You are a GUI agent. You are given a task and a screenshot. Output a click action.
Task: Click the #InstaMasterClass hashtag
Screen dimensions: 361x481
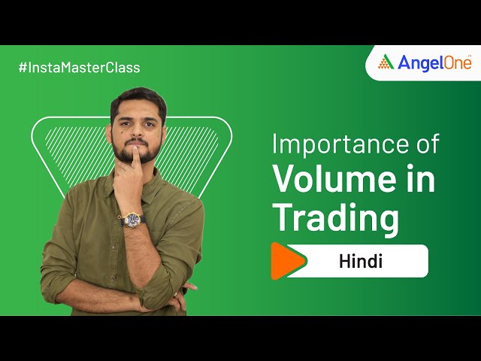click(x=79, y=68)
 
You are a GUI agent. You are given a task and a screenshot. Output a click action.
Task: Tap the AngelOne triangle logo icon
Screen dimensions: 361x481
click(x=386, y=62)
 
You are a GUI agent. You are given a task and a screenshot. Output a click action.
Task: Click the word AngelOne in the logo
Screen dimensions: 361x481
click(x=434, y=62)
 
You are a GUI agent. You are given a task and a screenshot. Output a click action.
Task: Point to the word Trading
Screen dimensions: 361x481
click(x=335, y=218)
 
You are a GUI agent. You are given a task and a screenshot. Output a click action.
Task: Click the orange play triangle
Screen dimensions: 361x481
click(x=286, y=261)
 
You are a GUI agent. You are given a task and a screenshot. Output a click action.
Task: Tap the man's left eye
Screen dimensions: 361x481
click(x=149, y=120)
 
